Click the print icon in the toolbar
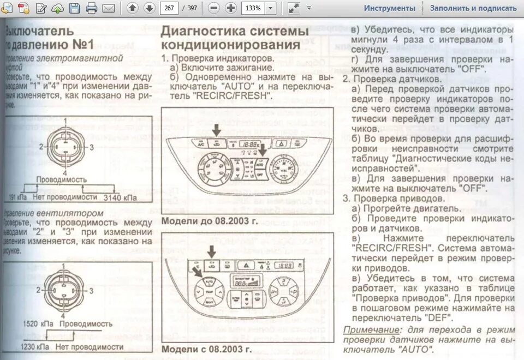91,8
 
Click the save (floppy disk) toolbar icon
74,8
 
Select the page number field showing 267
170,8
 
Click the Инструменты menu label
390,8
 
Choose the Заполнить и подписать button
473,8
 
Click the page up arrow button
132,8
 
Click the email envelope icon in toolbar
109,8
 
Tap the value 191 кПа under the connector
19,197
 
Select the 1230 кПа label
33,346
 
